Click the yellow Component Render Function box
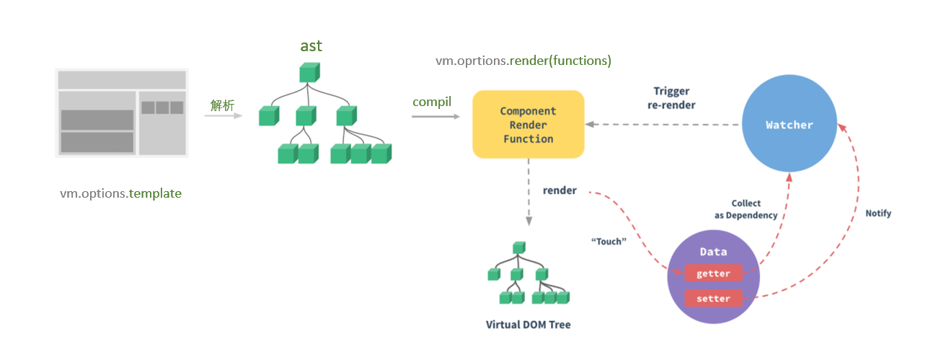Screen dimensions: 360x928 pos(528,124)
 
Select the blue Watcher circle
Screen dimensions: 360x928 pos(789,125)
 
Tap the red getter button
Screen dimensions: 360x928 pos(713,273)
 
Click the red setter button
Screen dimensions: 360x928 pos(713,298)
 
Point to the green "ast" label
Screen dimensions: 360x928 pos(311,45)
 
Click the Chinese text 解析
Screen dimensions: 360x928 pos(222,105)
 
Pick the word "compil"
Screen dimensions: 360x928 pos(432,102)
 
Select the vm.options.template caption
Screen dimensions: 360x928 pos(121,193)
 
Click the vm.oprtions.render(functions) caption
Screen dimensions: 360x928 pos(523,61)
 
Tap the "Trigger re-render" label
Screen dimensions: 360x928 pos(671,97)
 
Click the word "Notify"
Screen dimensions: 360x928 pos(878,213)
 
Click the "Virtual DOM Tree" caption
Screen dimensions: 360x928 pos(528,325)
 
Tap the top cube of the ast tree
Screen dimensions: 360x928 pos(309,72)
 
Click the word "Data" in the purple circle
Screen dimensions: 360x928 pos(713,252)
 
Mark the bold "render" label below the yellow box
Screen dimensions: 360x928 pos(560,190)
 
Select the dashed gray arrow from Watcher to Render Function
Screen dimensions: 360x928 pos(663,124)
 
